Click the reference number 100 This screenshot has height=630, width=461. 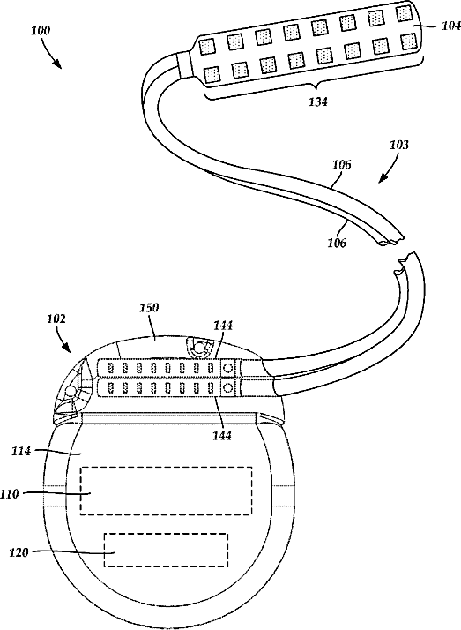[41, 31]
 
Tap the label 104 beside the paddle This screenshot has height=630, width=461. [451, 26]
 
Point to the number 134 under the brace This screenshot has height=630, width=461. [318, 102]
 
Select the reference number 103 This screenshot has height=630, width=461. [399, 145]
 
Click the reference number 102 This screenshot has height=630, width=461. [56, 319]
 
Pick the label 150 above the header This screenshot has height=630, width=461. [149, 308]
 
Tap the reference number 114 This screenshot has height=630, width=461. [21, 452]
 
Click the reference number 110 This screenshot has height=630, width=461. [10, 494]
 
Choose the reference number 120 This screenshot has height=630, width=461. [19, 553]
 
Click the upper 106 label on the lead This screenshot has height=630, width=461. [341, 164]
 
